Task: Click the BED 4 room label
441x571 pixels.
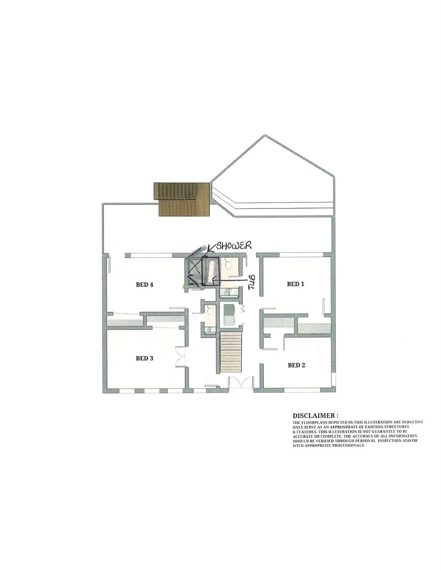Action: tap(145, 285)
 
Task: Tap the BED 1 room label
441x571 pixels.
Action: tap(295, 284)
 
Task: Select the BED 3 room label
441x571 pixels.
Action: tap(145, 358)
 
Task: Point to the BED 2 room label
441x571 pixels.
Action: tap(296, 365)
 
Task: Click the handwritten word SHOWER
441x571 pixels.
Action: tap(234, 246)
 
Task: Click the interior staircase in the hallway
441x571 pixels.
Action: tap(230, 352)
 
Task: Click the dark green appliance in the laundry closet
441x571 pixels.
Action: tap(228, 309)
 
